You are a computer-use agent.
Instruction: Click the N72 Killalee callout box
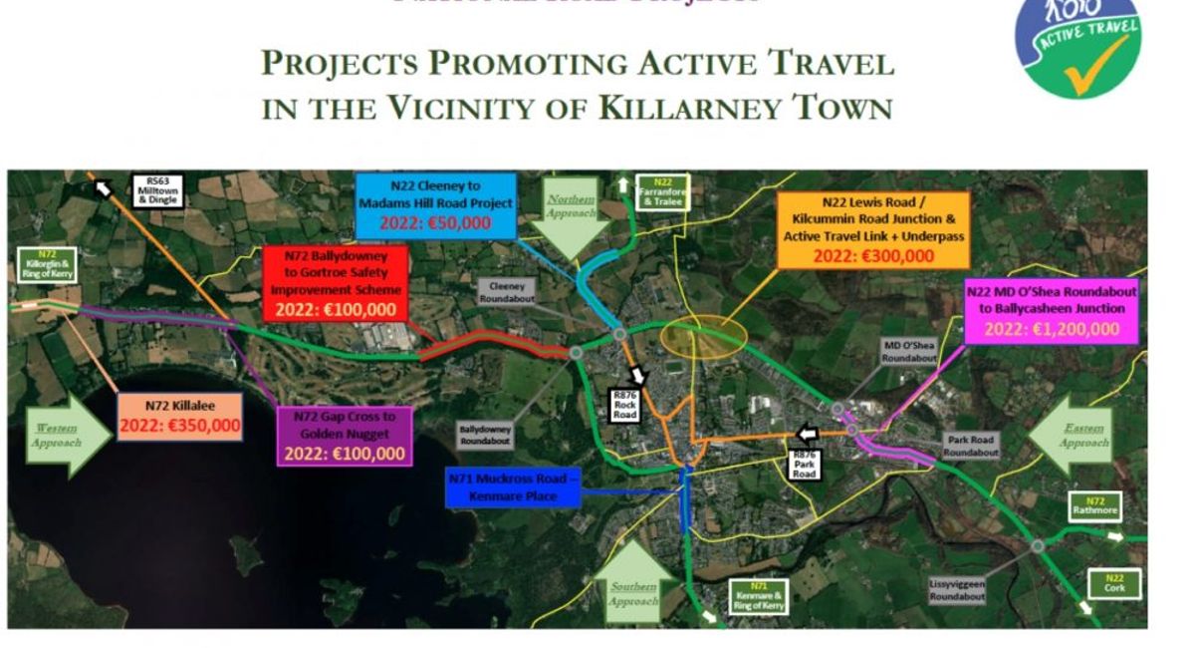[x=180, y=417]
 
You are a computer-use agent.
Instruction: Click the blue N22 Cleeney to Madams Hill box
[x=435, y=204]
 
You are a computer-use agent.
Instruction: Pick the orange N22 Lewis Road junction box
[x=874, y=229]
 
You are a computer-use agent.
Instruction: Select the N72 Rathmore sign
[x=1094, y=505]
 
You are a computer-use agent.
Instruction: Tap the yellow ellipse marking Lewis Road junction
[x=703, y=337]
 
